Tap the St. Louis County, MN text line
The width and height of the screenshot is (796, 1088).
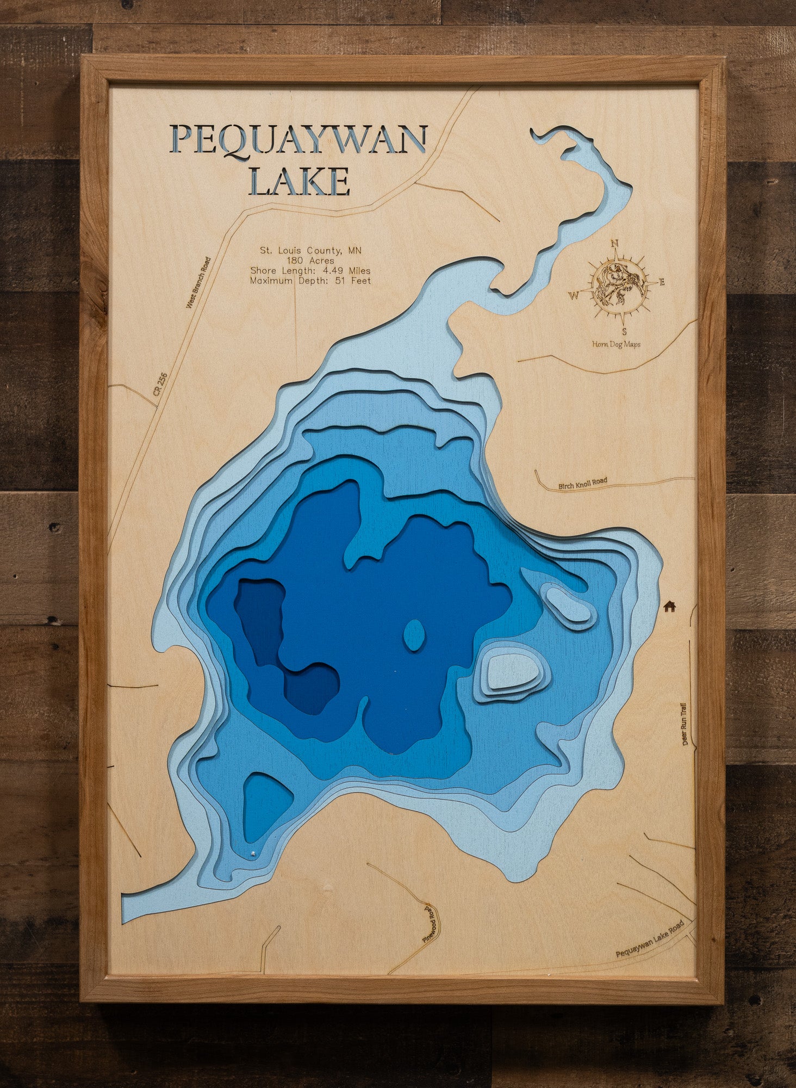point(310,251)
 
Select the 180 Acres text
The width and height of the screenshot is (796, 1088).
point(310,261)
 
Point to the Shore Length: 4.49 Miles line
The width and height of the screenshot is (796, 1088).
point(310,271)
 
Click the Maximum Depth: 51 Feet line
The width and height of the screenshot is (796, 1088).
point(310,281)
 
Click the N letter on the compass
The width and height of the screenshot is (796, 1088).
point(615,244)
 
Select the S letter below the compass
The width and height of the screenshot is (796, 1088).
point(624,331)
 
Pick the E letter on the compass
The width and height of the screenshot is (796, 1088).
point(661,282)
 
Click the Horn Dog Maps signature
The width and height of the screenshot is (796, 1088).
point(616,344)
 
